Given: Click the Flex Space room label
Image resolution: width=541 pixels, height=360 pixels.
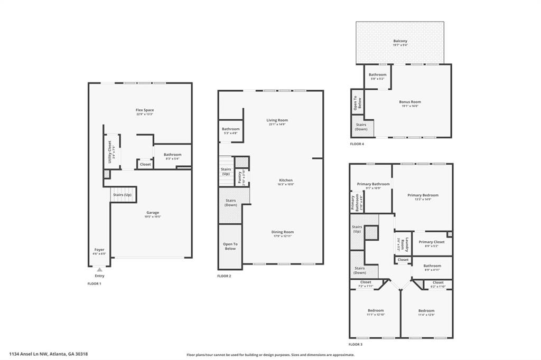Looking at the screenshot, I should coord(144,110).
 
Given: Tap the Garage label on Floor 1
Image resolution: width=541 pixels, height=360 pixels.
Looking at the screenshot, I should coord(153,213).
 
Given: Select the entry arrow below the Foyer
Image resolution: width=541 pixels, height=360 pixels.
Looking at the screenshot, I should coord(99,270).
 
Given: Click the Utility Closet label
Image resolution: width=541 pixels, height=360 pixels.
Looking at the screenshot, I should coord(110,151).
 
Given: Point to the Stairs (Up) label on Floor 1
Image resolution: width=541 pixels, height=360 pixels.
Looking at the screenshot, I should coord(122,195).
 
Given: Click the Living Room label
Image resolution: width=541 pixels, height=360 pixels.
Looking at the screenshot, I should coord(277,120).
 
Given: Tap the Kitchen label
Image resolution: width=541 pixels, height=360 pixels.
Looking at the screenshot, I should coord(285,181).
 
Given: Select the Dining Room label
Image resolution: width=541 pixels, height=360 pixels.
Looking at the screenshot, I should coord(283,232).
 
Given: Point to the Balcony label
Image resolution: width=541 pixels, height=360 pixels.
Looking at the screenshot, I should coord(400,41).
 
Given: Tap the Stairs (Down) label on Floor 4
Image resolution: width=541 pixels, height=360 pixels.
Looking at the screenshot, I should coord(361,127).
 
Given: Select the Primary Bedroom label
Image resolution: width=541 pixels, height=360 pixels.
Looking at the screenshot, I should coord(423,195).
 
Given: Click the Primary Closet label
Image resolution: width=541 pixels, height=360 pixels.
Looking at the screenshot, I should coord(432,242).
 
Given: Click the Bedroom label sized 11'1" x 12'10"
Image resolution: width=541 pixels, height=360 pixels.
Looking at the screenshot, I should coord(376,310).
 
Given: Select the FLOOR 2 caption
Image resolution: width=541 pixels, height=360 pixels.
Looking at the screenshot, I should coord(224,276).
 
